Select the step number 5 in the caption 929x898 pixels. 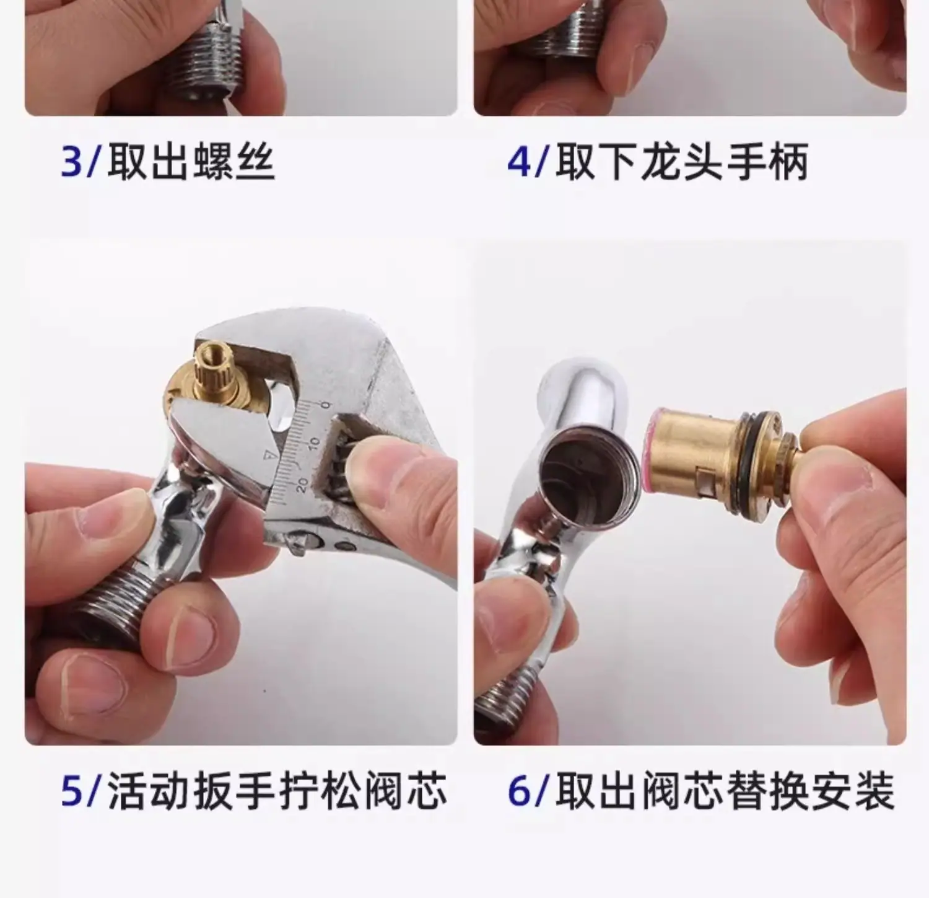pyautogui.click(x=72, y=791)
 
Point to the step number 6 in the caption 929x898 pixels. pyautogui.click(x=520, y=791)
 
